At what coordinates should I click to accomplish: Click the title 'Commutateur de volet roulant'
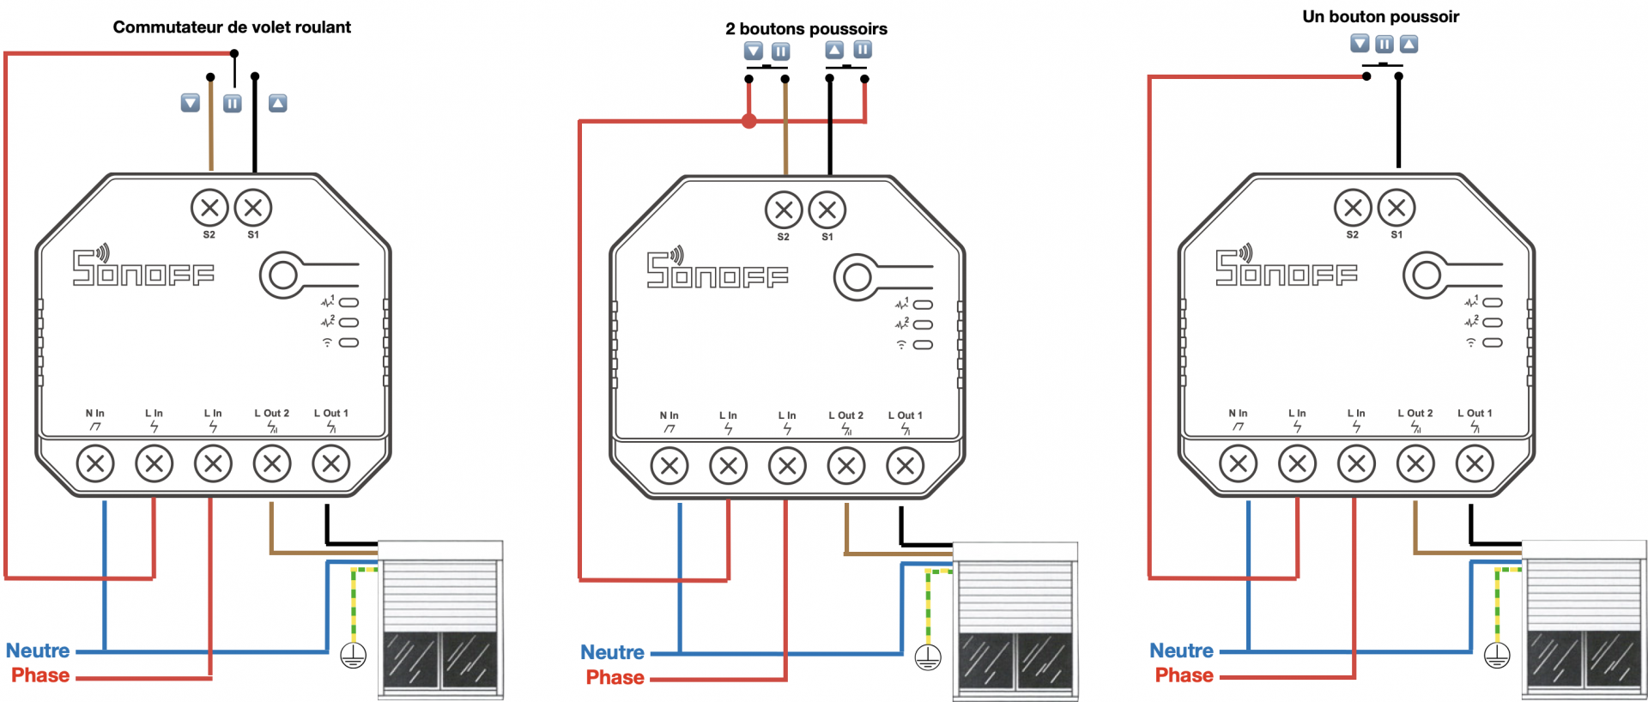[232, 27]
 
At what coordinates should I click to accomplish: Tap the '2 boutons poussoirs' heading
[806, 29]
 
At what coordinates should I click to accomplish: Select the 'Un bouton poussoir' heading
[1380, 16]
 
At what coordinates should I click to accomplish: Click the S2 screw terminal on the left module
[209, 208]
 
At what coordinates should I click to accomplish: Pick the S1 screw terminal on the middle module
[827, 210]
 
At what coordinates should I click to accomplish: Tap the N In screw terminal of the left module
[95, 464]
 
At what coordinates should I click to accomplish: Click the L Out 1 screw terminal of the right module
[1475, 464]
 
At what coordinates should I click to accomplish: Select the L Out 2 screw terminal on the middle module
[846, 466]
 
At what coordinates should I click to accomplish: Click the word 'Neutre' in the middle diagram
[612, 652]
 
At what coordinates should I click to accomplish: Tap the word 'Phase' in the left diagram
[40, 675]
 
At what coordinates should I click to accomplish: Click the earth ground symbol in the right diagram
[1497, 657]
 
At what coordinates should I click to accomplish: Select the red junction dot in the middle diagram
[749, 121]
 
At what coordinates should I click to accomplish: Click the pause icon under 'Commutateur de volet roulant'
[233, 104]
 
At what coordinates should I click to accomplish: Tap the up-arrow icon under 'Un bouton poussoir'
[1409, 44]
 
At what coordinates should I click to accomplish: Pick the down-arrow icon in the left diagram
[191, 103]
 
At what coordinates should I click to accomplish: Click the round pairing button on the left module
[283, 275]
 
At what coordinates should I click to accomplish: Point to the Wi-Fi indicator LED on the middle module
[923, 345]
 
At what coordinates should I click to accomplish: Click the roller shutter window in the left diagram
[440, 620]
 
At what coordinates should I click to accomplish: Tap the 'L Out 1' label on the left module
[330, 413]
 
